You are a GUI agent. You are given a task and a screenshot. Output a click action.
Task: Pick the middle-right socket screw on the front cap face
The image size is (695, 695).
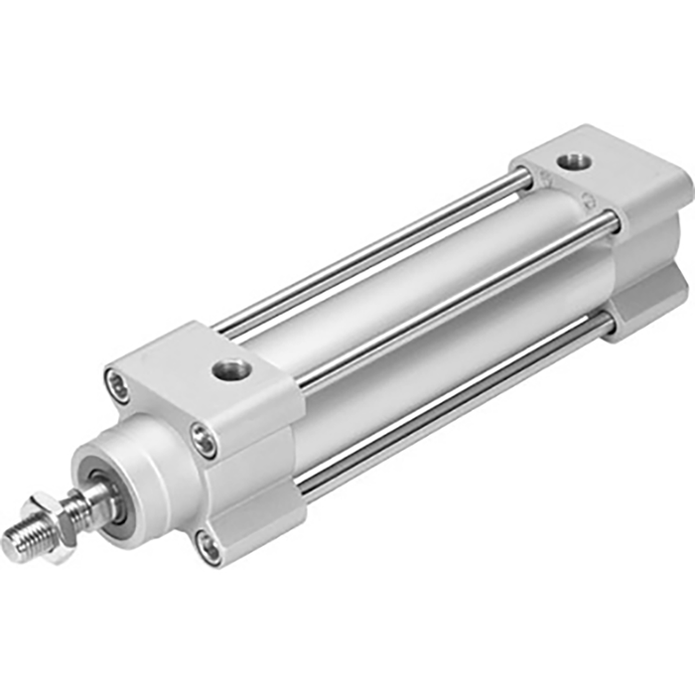[x=204, y=440]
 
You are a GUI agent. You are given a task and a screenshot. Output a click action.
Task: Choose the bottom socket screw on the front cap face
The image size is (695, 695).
[x=208, y=546]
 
